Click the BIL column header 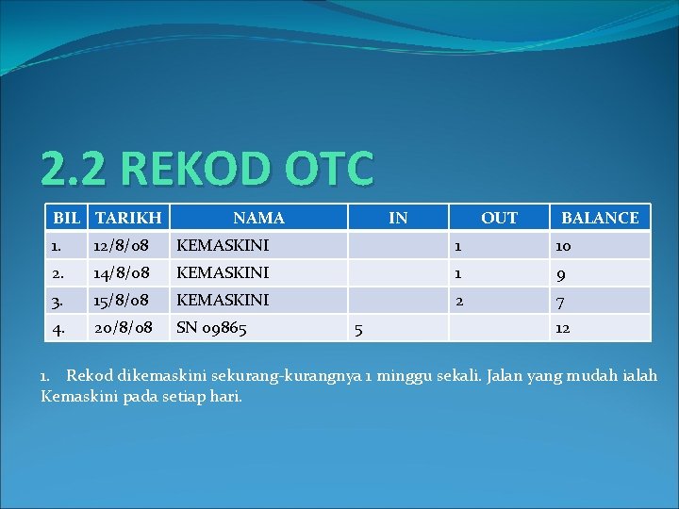click(x=67, y=218)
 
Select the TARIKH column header click(x=128, y=218)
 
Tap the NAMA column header click(x=258, y=218)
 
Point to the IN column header click(x=398, y=218)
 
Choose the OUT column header click(x=499, y=218)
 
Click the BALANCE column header click(x=600, y=218)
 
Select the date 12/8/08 click(x=122, y=245)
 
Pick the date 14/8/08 click(x=122, y=272)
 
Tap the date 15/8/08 click(x=122, y=300)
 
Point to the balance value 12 click(x=562, y=329)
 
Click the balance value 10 click(x=562, y=246)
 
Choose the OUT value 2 click(x=458, y=301)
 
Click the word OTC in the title click(x=322, y=170)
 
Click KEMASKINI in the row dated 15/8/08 click(x=223, y=300)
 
